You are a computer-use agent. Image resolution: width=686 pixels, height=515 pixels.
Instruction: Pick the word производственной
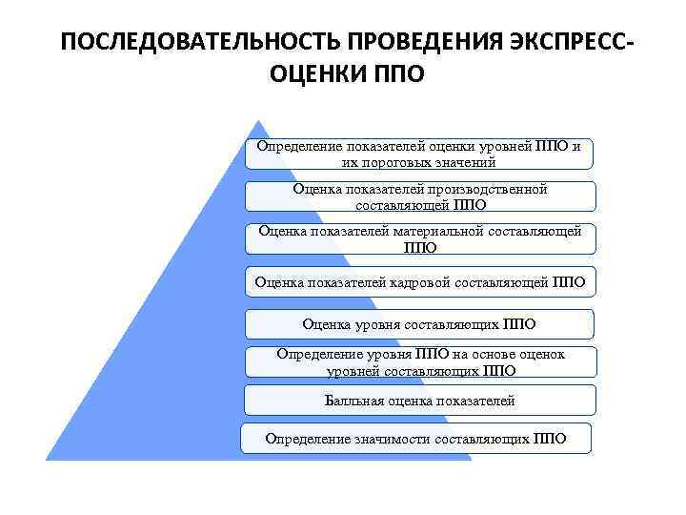point(480,189)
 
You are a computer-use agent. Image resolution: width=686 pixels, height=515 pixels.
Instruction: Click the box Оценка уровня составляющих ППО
point(419,323)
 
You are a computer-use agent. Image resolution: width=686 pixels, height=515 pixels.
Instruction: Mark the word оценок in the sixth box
point(542,354)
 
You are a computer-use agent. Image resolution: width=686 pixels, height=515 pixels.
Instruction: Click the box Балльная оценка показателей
point(419,401)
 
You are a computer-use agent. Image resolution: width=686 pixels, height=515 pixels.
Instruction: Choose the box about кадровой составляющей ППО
point(419,281)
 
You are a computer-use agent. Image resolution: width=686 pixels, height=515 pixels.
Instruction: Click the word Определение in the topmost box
point(297,146)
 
